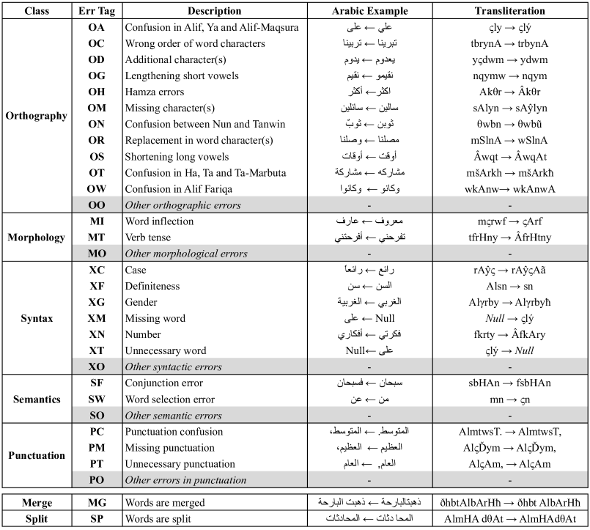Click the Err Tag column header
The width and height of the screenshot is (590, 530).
[97, 11]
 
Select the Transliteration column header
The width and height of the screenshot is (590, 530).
[509, 11]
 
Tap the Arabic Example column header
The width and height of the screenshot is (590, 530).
[369, 11]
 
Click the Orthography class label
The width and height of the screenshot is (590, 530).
[36, 116]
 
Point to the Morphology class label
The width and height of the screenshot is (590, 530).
[36, 238]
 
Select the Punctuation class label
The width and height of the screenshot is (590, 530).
[36, 455]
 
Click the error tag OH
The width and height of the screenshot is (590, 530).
[97, 92]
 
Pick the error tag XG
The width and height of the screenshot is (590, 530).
[97, 303]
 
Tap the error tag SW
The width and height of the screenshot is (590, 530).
[97, 399]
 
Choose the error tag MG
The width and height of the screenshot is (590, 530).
[97, 503]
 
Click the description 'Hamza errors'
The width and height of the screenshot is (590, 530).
[155, 92]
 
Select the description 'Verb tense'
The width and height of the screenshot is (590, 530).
[151, 238]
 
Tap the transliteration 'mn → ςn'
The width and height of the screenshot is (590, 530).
[509, 399]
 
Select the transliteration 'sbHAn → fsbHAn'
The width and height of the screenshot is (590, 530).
[509, 383]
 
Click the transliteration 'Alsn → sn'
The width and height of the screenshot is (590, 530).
[509, 287]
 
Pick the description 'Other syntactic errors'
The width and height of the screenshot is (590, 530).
[173, 367]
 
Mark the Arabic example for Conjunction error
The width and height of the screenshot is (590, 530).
[369, 383]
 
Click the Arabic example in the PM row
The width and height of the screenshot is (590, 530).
[369, 447]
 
